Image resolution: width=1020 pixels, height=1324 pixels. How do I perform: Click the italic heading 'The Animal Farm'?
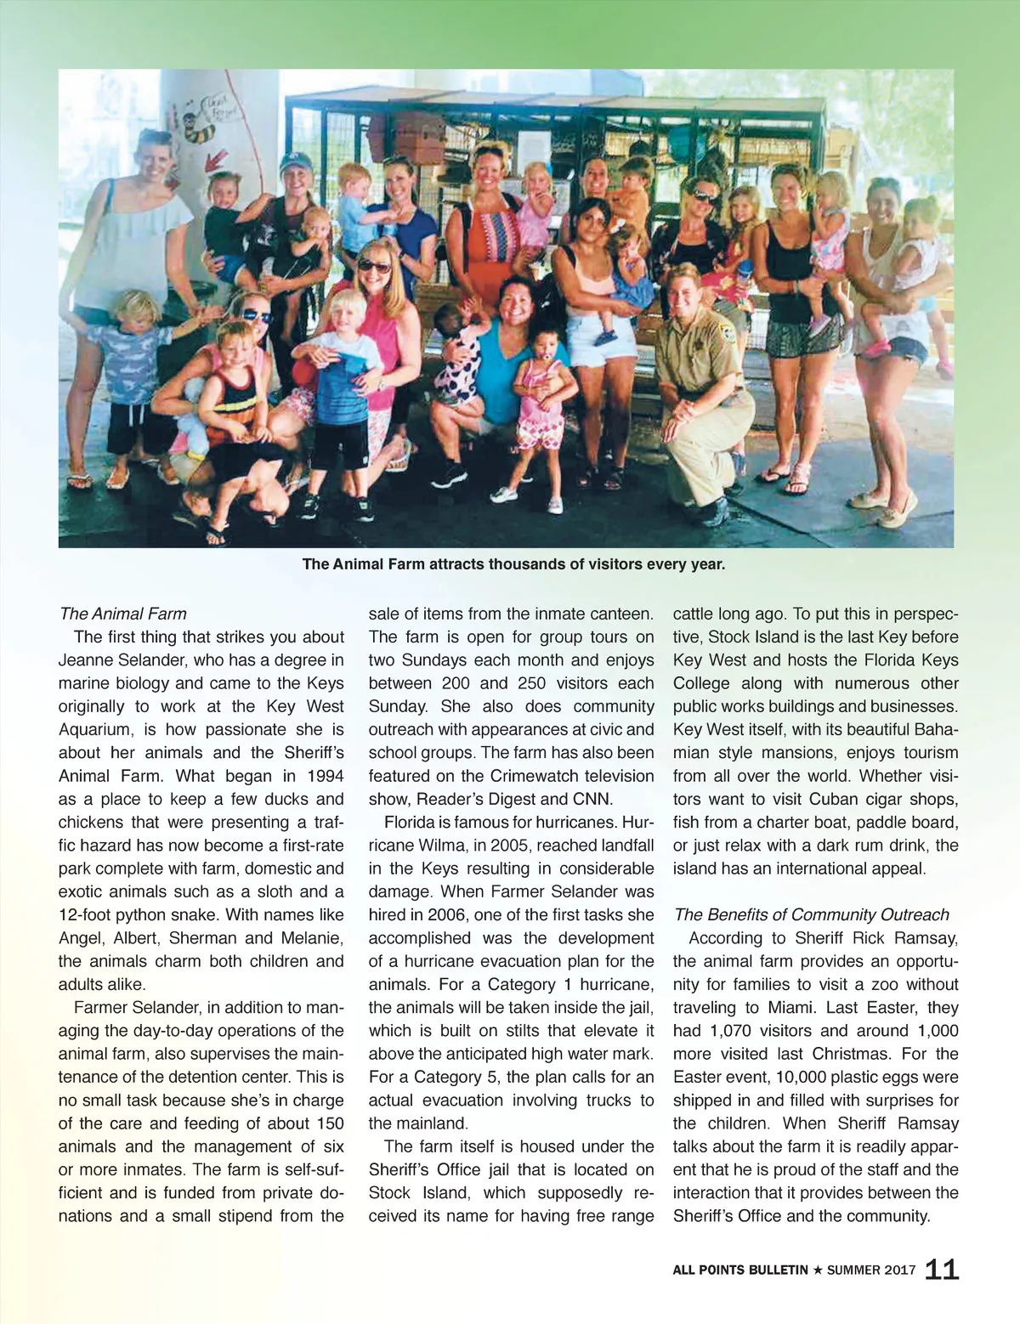click(x=123, y=614)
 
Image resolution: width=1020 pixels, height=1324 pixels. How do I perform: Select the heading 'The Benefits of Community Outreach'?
click(x=811, y=914)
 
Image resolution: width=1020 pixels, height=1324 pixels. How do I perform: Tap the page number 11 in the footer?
click(x=942, y=1270)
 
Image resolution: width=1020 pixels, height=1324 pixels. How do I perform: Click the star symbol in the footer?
click(x=818, y=1270)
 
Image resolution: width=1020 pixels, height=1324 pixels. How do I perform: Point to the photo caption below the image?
click(x=513, y=563)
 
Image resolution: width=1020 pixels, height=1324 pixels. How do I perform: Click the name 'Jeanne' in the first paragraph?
click(x=88, y=660)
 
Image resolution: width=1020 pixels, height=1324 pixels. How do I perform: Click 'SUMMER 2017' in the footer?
click(x=871, y=1270)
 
